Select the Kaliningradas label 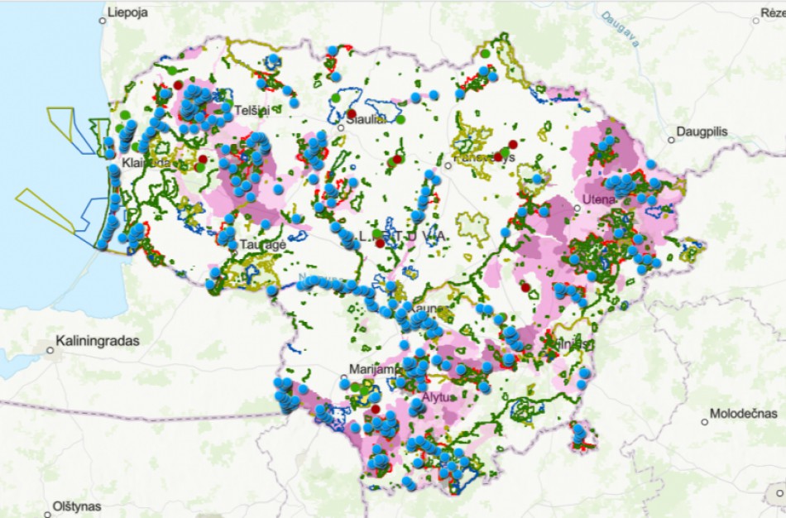coord(98,340)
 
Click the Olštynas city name coord(77,506)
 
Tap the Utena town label coord(600,200)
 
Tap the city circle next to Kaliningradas coord(50,350)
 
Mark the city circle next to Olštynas coord(46,506)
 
